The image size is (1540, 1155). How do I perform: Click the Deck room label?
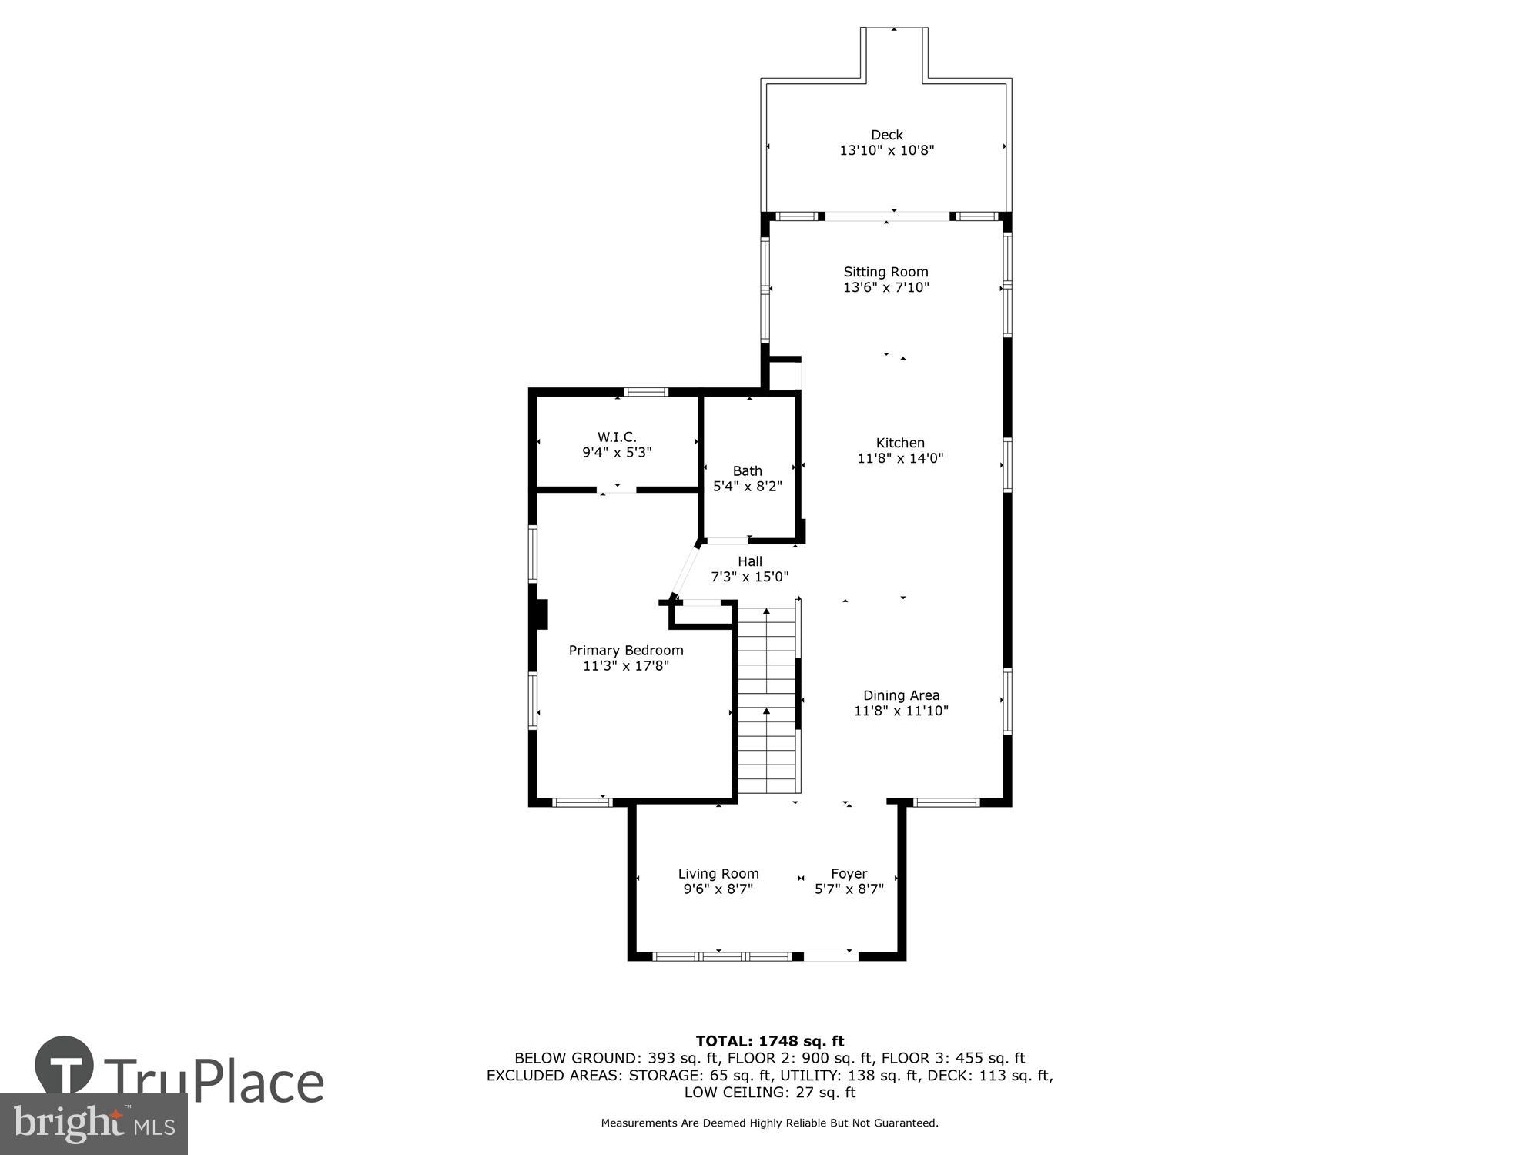886,135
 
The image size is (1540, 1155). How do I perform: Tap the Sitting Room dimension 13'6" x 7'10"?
886,287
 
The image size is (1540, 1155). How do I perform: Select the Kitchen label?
899,443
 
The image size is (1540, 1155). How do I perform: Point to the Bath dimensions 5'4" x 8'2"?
747,486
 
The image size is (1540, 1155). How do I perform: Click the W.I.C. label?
617,437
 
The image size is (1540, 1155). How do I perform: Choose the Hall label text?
749,561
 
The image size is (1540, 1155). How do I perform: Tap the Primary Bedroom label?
625,650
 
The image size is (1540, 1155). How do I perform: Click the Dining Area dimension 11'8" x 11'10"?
901,711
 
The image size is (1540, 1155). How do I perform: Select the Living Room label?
718,873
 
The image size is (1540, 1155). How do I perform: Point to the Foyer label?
849,873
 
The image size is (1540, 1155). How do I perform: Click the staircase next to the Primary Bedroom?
766,701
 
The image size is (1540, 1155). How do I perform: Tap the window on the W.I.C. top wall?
645,392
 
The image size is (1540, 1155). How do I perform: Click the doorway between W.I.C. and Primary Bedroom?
617,489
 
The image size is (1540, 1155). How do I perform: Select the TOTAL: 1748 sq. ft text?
769,1041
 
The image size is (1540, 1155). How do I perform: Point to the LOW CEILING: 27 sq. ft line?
769,1092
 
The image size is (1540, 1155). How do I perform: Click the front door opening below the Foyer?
830,956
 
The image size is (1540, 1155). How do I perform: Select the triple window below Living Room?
721,956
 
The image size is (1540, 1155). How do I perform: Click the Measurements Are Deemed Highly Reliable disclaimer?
769,1123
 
